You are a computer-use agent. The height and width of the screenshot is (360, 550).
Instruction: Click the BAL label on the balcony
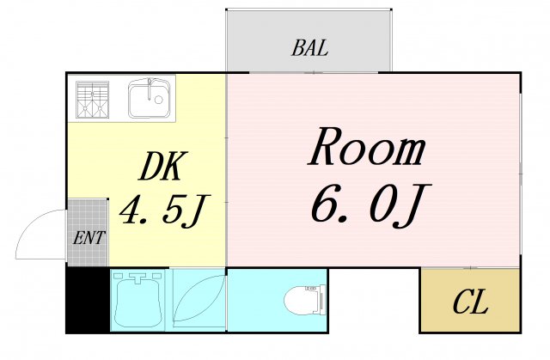click(x=309, y=48)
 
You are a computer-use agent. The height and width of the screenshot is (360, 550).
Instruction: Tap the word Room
click(x=367, y=149)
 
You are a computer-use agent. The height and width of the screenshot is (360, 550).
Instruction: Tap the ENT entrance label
click(x=88, y=238)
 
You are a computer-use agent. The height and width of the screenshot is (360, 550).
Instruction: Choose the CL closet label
click(x=469, y=302)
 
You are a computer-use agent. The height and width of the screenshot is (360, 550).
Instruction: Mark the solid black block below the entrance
click(x=88, y=299)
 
